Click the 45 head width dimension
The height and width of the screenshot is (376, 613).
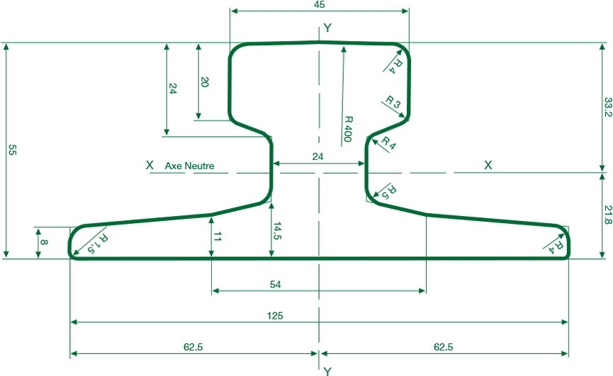[319, 5]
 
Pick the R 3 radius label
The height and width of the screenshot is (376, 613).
[393, 103]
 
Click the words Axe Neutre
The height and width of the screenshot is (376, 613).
[189, 166]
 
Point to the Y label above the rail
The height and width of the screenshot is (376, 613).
[327, 28]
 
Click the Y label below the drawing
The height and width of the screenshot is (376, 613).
[327, 370]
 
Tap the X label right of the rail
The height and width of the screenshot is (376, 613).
[488, 165]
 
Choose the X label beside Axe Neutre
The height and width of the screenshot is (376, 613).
[149, 165]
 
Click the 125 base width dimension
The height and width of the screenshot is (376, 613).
[276, 316]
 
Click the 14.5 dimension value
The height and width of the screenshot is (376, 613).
[277, 231]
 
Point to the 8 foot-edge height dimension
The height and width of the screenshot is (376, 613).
[44, 242]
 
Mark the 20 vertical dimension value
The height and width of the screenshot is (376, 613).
[205, 82]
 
